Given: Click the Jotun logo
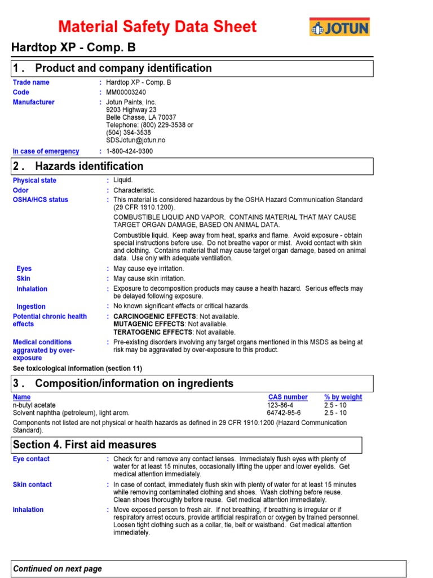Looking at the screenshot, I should click(x=339, y=27).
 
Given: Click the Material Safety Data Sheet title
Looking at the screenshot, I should click(x=157, y=27).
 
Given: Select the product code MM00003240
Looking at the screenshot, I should click(x=126, y=93).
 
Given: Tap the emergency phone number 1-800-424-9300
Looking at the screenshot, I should click(x=129, y=151).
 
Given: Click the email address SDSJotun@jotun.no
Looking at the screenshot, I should click(x=136, y=140).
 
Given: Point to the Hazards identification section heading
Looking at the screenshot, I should click(x=89, y=166).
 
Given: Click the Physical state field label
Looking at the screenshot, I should click(x=34, y=181).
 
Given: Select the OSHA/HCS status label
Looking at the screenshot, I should click(x=40, y=200).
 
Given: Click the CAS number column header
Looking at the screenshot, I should click(x=288, y=397).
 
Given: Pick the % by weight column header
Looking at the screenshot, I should click(x=343, y=397).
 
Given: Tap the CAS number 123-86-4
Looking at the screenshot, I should click(x=280, y=405).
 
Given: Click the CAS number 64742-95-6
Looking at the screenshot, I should click(x=284, y=413).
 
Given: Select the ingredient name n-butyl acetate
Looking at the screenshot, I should click(x=35, y=405).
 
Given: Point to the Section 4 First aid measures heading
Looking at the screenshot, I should click(x=85, y=445).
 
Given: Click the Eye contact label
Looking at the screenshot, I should click(x=31, y=459).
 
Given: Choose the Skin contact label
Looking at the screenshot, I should click(x=32, y=485).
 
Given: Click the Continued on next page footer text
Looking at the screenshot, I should click(x=58, y=569).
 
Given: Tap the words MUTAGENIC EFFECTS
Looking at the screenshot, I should click(x=149, y=325).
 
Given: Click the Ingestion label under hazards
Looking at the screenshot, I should click(x=31, y=306).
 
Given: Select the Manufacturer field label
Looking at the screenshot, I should click(x=34, y=102).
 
